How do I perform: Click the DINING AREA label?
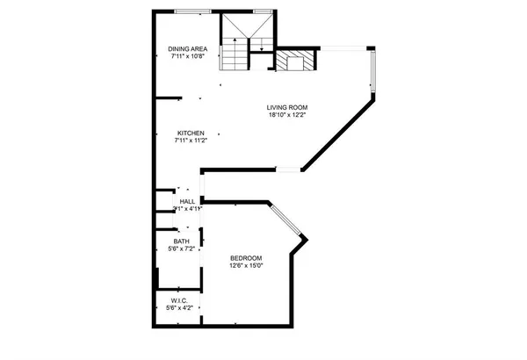(x=187, y=49)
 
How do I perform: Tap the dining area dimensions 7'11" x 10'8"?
(x=187, y=56)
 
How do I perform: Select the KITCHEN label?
(x=191, y=133)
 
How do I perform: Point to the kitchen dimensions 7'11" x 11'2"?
(x=191, y=140)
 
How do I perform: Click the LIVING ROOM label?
(x=288, y=107)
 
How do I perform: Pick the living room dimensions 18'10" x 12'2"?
(x=288, y=114)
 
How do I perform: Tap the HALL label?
(x=187, y=201)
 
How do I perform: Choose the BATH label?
(x=181, y=241)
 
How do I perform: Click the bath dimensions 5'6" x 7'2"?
(x=181, y=248)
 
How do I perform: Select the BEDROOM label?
(x=247, y=257)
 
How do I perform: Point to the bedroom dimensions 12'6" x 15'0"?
(x=247, y=264)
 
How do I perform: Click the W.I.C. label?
(x=179, y=301)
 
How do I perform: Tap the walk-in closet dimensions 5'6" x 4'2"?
(x=179, y=308)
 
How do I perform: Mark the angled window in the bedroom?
(x=286, y=220)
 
